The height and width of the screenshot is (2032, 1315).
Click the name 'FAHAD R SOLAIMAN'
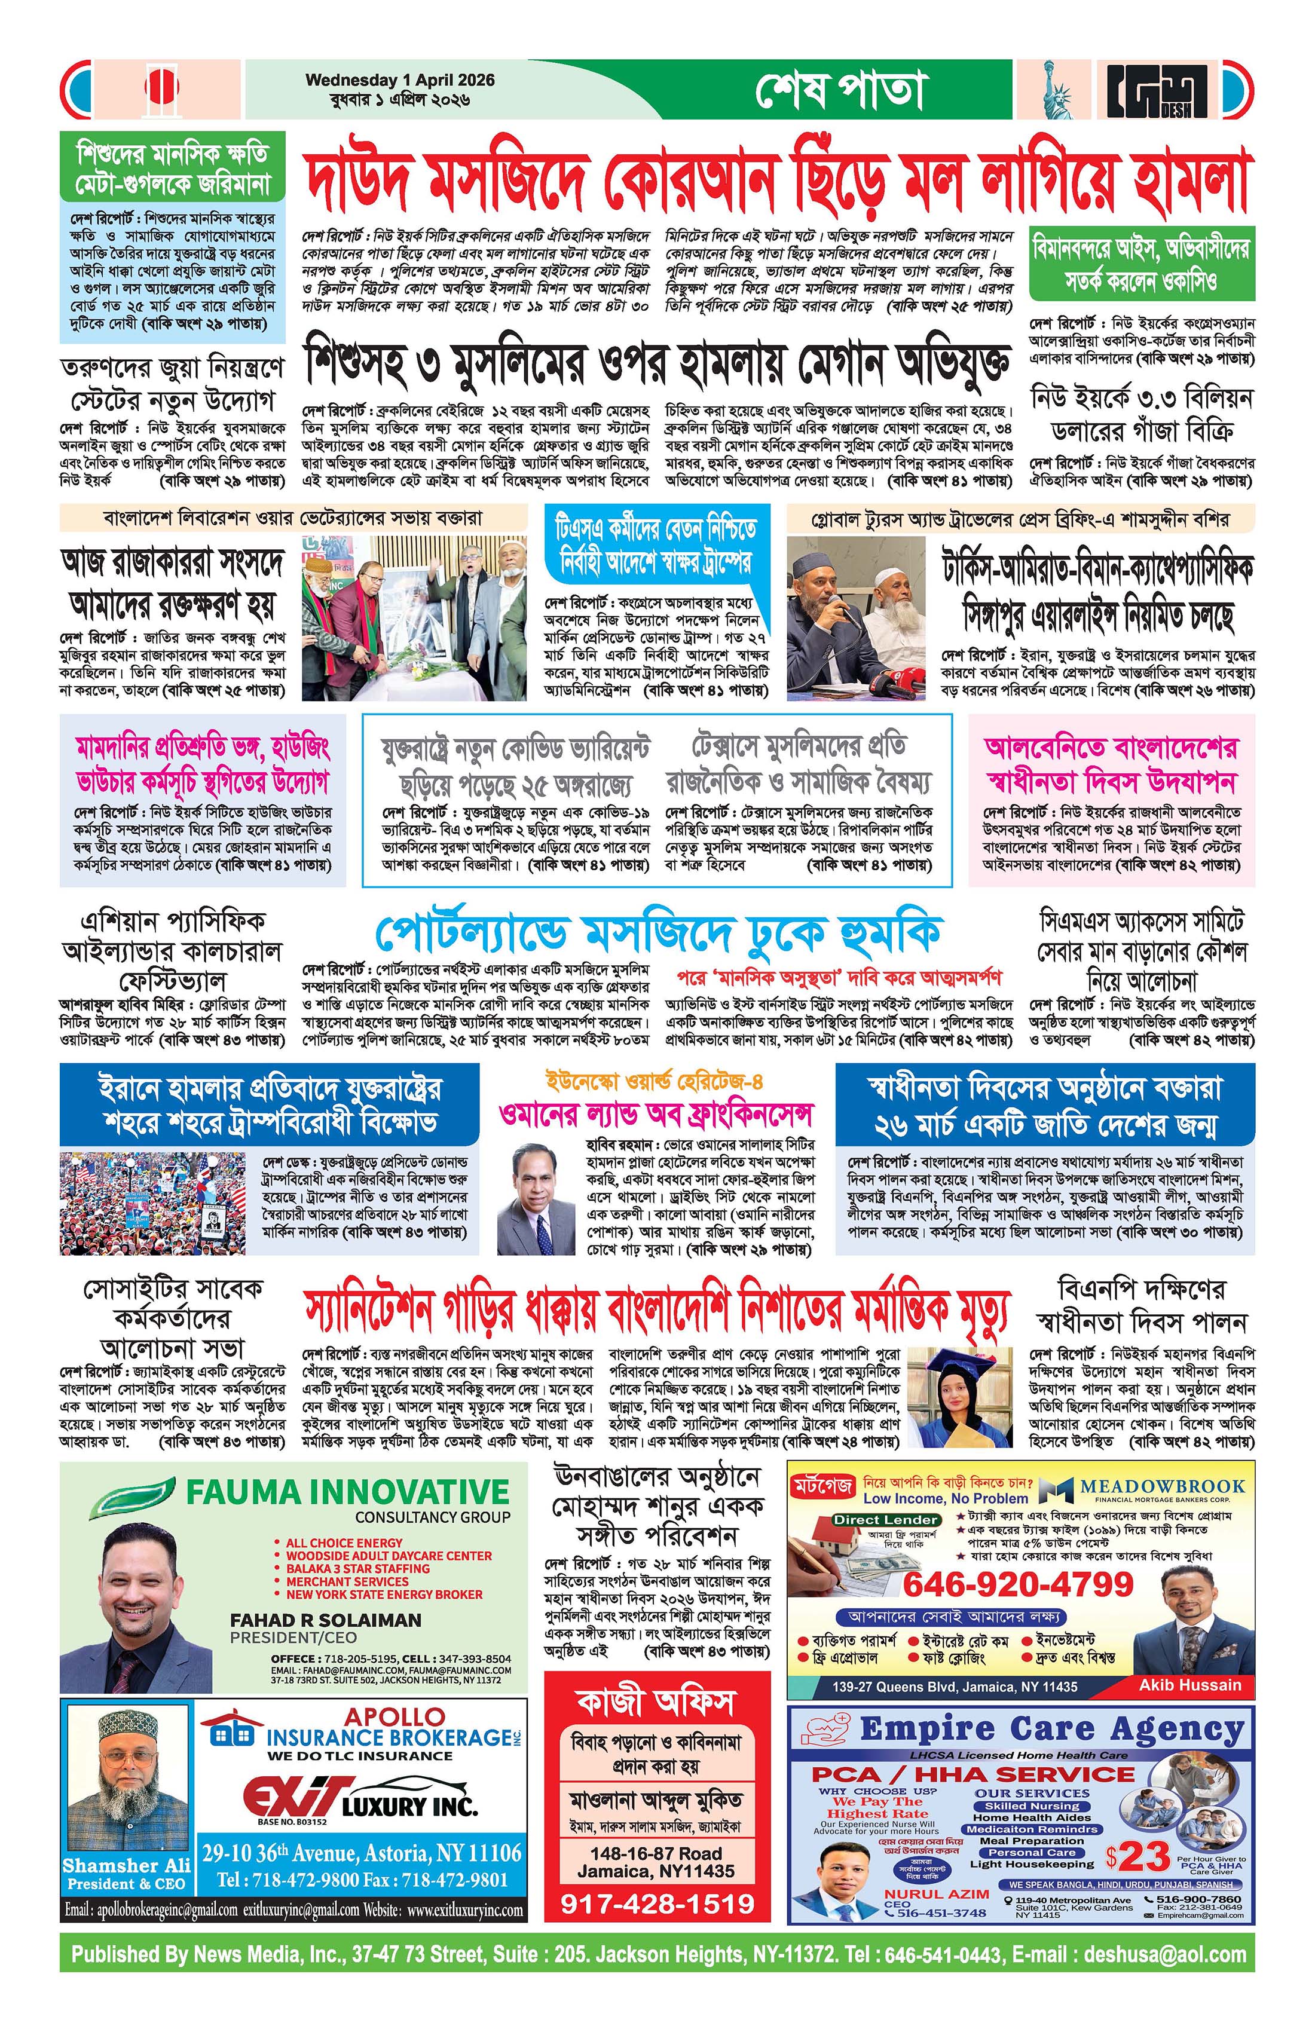click(x=325, y=1620)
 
